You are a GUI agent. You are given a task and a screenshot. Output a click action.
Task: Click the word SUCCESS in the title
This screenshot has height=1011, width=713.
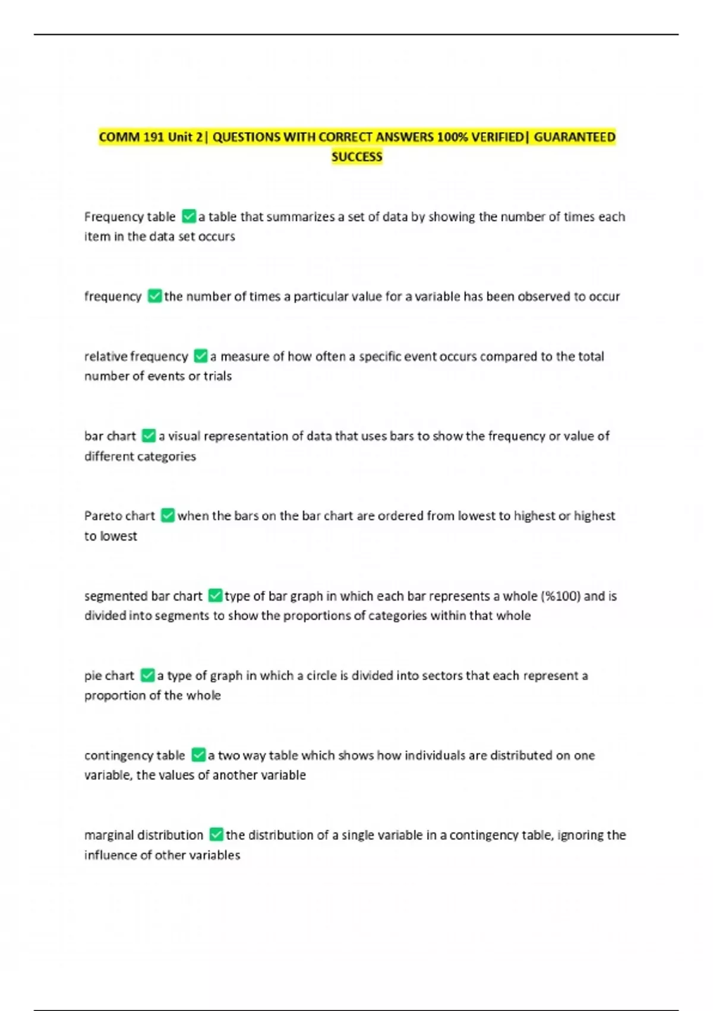click(356, 157)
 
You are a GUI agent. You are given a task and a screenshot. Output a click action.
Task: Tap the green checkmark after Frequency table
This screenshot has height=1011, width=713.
click(189, 216)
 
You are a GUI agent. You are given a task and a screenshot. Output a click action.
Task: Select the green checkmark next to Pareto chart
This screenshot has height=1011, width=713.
click(168, 516)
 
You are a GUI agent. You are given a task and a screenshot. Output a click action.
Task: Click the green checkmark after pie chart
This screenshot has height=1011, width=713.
click(147, 676)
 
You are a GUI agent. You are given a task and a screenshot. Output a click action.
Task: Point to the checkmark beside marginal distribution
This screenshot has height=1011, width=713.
click(216, 835)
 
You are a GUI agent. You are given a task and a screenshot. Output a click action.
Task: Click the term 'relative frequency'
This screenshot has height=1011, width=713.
click(136, 356)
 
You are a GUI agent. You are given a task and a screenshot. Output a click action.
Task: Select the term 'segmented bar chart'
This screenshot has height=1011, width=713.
click(143, 596)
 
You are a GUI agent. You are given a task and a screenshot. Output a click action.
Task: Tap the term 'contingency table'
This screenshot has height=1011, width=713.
click(135, 755)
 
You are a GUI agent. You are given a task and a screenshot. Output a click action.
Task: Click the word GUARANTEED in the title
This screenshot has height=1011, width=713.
click(575, 137)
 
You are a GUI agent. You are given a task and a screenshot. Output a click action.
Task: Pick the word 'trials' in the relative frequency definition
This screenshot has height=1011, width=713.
click(217, 376)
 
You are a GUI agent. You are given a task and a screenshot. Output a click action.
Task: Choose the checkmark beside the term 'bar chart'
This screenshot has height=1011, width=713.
click(149, 436)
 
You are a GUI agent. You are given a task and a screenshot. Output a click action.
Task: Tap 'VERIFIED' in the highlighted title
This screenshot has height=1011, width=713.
click(497, 137)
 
